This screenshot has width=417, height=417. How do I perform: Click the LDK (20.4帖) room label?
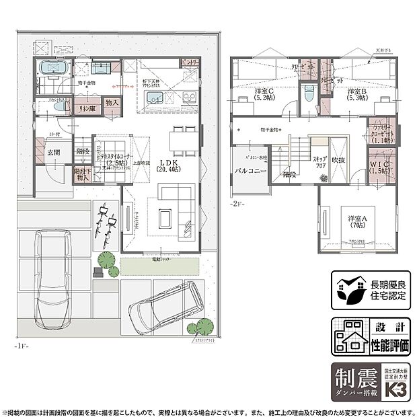[165, 166]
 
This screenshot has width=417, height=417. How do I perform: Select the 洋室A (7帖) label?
[356, 222]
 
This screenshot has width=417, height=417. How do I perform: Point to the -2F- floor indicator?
[236, 202]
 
